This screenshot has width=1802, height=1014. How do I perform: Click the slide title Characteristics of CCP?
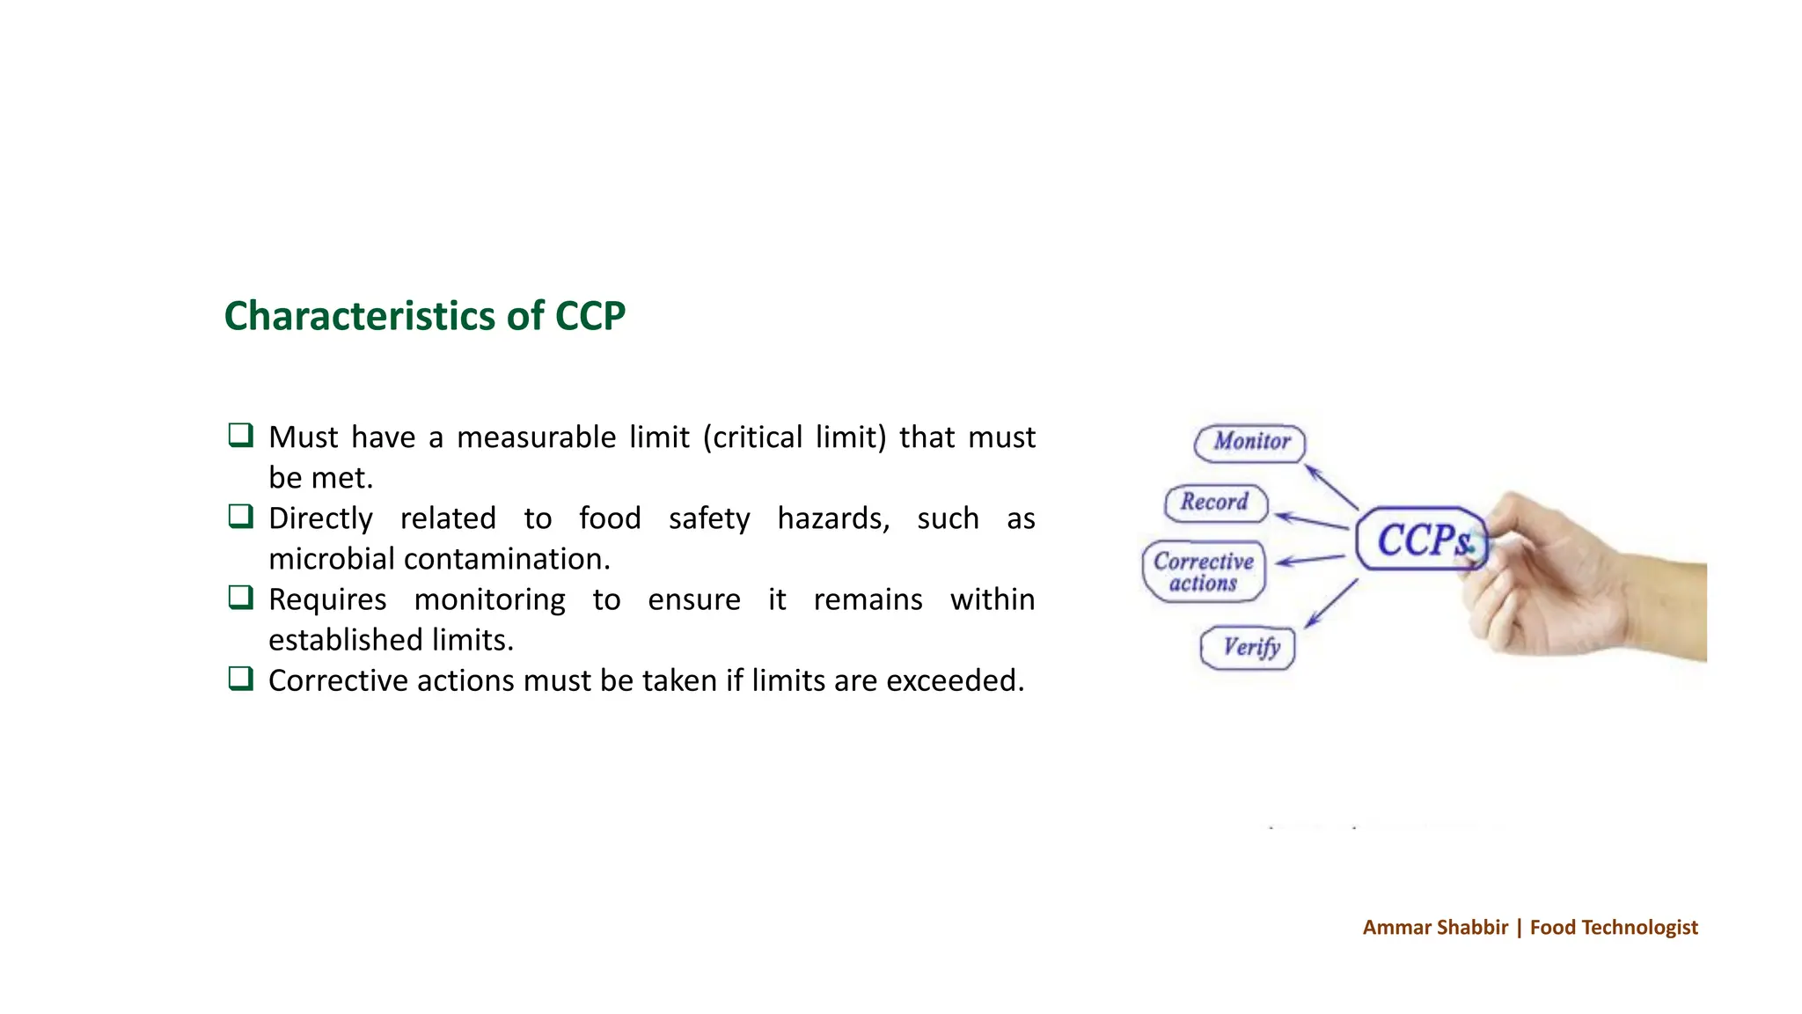(424, 316)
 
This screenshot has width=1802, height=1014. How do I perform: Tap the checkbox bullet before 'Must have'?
(240, 435)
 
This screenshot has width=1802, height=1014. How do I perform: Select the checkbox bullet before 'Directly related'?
(240, 516)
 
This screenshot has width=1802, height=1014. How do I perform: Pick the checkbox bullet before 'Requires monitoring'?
(240, 597)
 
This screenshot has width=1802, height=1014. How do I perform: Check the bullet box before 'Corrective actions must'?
(240, 679)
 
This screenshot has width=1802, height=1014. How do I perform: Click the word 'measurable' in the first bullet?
(536, 437)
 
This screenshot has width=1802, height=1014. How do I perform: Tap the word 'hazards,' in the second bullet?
(832, 518)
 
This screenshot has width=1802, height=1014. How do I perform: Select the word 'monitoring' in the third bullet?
(489, 599)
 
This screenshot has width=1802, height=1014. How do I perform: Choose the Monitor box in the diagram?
(1250, 442)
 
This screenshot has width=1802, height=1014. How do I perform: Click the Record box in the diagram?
(1215, 503)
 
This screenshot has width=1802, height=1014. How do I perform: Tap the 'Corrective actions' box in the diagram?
(1203, 572)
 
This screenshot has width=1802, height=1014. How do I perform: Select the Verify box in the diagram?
(1249, 648)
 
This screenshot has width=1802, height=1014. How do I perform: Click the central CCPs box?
(1420, 540)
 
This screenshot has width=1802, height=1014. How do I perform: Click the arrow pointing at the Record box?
(1311, 521)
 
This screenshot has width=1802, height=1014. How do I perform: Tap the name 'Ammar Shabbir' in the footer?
(1435, 928)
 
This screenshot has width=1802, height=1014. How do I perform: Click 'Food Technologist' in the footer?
(1613, 928)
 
